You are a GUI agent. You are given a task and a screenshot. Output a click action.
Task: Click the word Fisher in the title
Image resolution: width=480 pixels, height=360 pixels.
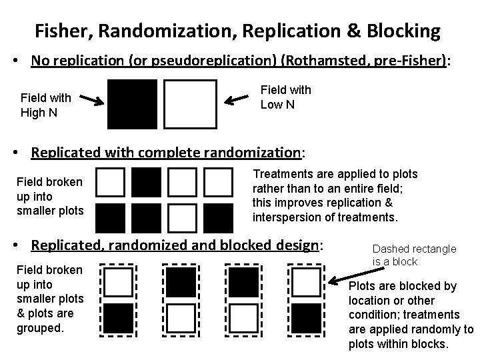click(61, 31)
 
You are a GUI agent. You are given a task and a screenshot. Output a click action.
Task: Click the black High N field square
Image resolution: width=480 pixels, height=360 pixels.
click(132, 104)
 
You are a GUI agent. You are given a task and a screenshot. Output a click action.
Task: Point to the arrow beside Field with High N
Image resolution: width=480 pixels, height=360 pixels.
click(88, 101)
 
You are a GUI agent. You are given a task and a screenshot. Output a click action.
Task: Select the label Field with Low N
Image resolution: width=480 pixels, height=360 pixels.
click(285, 97)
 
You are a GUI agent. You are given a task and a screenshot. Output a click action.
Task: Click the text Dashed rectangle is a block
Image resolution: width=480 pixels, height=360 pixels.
click(414, 255)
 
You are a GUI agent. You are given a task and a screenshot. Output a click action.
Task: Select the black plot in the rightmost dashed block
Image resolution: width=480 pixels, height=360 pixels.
click(305, 316)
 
